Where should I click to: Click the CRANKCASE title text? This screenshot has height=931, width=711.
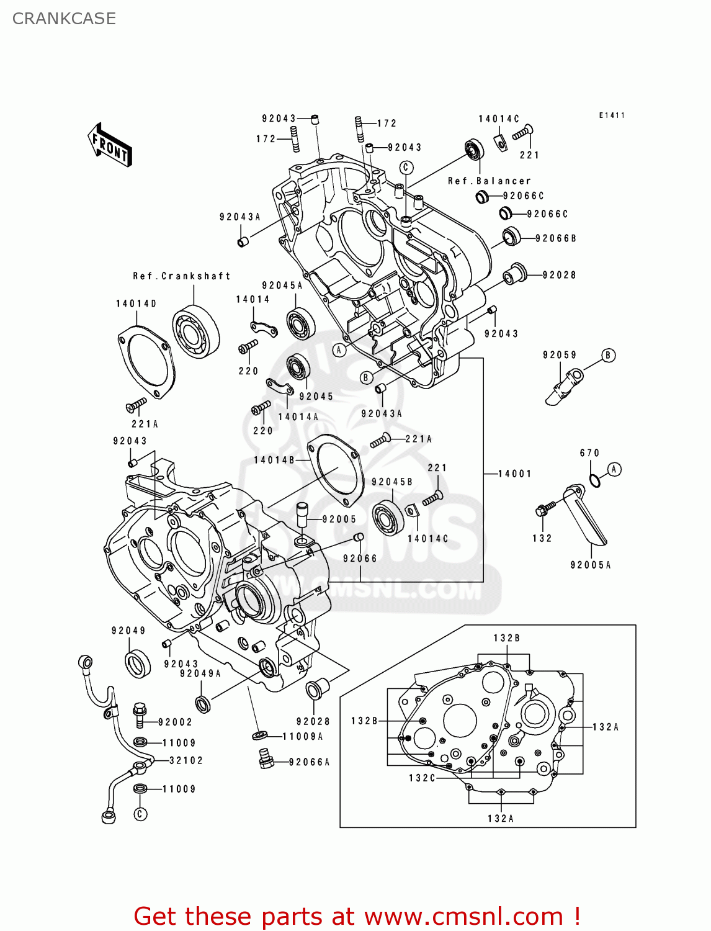pos(64,19)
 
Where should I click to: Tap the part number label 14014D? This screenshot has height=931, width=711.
pos(136,304)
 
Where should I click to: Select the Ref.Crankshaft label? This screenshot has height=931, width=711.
pos(181,276)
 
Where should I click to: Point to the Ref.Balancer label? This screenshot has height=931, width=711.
pos(489,181)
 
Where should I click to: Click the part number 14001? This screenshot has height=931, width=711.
pos(515,474)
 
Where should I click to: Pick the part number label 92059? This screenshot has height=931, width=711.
pos(560,355)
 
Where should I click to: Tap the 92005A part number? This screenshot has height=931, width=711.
pos(591,565)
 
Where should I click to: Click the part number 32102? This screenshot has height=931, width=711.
pos(186,760)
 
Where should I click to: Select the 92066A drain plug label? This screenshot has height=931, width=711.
pos(309,762)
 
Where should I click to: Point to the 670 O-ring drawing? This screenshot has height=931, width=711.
pos(594,480)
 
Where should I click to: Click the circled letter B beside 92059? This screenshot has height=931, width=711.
pos(609,356)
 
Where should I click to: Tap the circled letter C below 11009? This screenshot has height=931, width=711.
pos(141,814)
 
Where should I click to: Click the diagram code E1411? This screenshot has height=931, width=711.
pos(612,115)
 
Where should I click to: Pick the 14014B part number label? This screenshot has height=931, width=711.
pos(274,460)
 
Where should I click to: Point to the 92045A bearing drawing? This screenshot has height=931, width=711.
pos(301,323)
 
